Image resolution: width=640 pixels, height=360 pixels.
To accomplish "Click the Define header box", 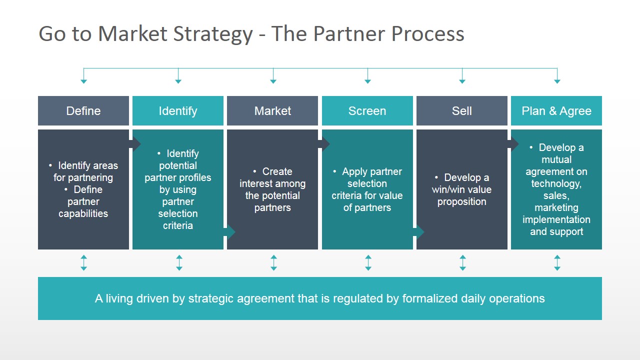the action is coord(83,111).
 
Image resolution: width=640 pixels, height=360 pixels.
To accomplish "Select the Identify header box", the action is coord(178,111).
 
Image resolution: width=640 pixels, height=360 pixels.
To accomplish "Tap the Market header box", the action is coord(272,111).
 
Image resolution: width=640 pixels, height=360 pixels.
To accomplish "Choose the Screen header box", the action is coord(367,111).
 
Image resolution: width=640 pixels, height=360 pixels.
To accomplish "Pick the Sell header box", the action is coord(461,111).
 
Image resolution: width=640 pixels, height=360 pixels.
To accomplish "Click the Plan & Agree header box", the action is coord(556,111).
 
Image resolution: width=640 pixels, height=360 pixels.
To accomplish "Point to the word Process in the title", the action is coord(427,34).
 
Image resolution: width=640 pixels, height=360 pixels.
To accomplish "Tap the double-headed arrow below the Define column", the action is coord(83,263).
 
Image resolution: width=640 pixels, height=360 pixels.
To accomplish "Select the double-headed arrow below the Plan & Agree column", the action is coord(557,263).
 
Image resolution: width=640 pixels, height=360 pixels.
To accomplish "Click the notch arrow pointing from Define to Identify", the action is coord(135,144).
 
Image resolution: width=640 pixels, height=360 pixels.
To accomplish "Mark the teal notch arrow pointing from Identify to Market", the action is coord(229,232).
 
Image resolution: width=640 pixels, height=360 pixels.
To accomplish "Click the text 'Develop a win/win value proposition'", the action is coord(461,189).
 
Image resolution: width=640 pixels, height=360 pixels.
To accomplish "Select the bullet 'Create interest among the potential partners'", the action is coord(272,189).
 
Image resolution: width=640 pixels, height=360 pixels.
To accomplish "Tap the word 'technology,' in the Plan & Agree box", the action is coord(556,183).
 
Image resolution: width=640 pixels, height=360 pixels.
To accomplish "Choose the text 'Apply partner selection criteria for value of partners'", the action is coord(367,189).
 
